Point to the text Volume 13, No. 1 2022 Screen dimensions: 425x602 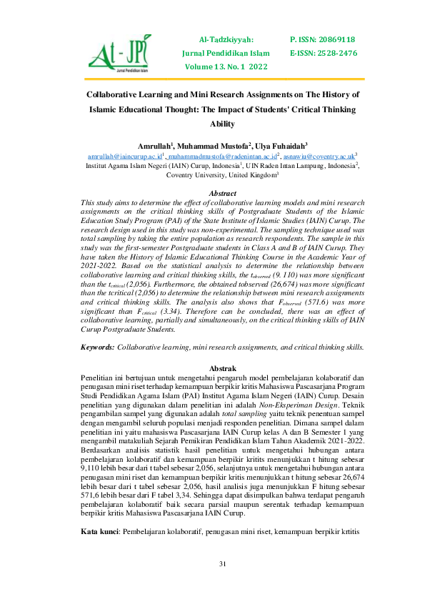[x=226, y=66]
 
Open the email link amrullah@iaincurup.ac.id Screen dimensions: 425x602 [x=125, y=154]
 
